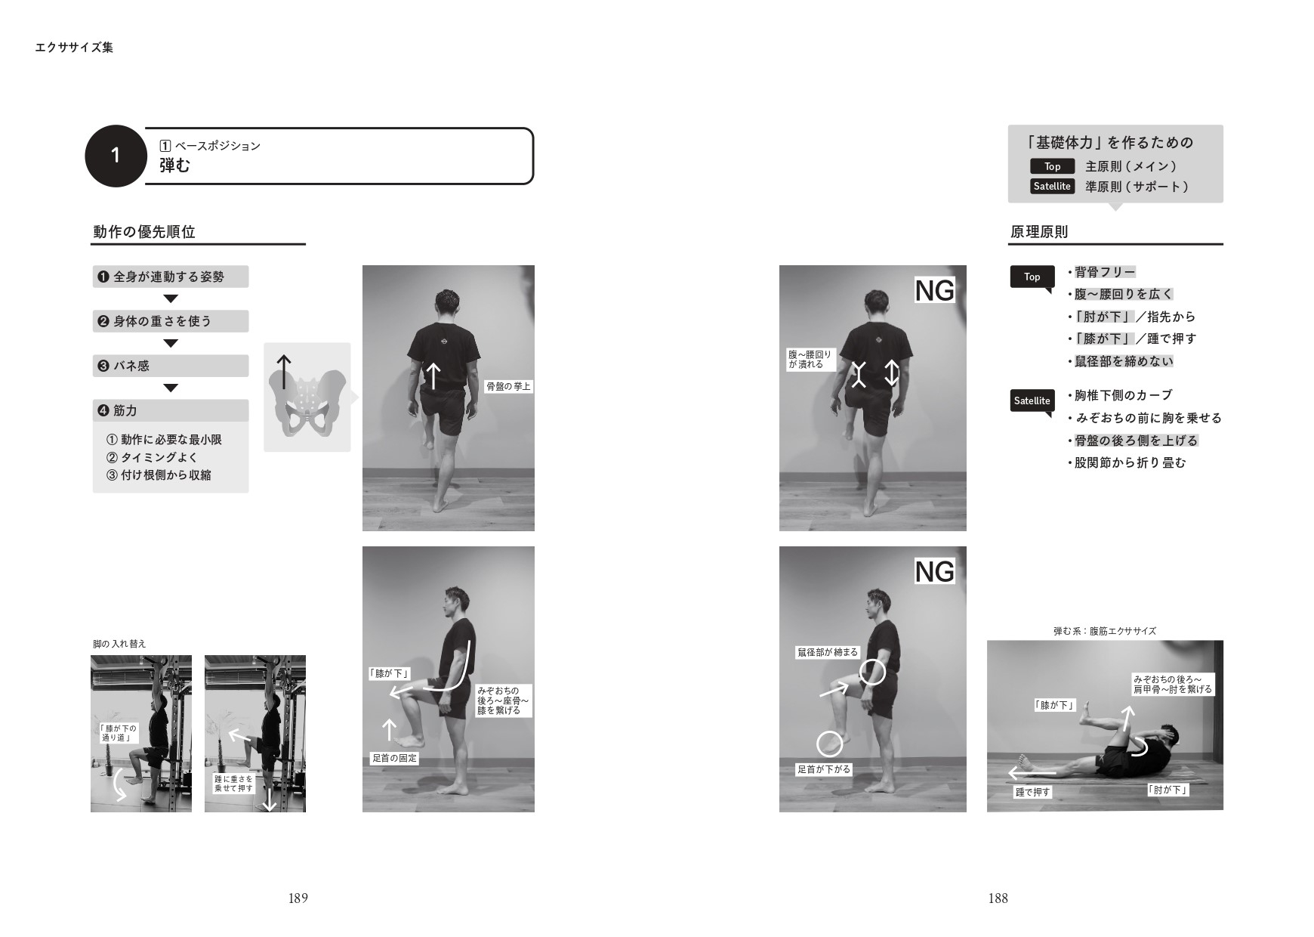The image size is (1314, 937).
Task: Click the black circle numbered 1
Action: (116, 156)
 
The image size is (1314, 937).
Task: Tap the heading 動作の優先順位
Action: (144, 232)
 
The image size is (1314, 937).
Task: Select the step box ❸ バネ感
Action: (171, 366)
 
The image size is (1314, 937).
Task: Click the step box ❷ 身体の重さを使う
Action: (171, 321)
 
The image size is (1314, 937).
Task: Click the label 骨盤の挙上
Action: (508, 387)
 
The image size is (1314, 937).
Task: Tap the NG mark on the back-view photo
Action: (935, 290)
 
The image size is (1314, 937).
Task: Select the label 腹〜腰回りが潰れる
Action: (810, 359)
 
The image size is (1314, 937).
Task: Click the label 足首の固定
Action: (394, 758)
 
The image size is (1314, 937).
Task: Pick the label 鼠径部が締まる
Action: (828, 652)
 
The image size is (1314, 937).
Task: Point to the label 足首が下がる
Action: (825, 769)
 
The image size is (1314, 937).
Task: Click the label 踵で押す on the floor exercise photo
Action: (1033, 792)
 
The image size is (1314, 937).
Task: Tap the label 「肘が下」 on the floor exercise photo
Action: (1167, 790)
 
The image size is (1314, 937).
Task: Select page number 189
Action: (298, 898)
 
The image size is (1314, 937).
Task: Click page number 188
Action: (998, 898)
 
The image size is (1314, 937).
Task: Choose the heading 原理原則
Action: (1039, 232)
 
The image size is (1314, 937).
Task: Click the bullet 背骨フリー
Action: (1105, 272)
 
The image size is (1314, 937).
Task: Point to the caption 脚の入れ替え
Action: (119, 644)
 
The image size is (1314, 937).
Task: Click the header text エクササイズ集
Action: (74, 47)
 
